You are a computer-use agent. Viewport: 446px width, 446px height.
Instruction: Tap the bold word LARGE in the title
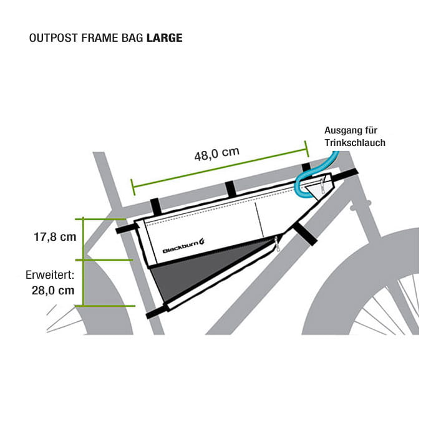[164, 38]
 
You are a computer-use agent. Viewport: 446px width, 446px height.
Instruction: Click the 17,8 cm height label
[55, 236]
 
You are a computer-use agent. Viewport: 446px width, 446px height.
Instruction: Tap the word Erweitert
[49, 275]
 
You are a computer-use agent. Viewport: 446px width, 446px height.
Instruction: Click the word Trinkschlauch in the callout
[355, 143]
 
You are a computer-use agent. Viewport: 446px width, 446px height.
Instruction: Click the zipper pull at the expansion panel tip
[278, 247]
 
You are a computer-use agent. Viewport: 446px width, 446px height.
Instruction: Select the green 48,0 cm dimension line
[218, 168]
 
